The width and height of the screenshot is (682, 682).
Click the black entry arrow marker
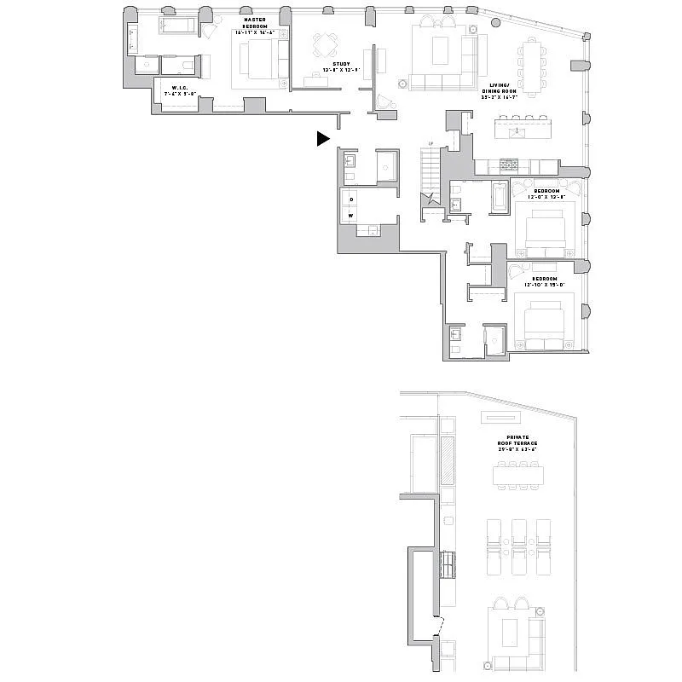322,139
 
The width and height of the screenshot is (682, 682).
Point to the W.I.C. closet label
179,88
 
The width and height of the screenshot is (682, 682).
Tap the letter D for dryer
350,199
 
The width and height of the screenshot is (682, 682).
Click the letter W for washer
350,216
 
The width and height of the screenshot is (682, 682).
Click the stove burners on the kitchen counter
509,164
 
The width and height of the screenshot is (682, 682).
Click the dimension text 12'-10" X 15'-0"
545,284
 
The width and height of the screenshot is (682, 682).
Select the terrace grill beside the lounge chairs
448,564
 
